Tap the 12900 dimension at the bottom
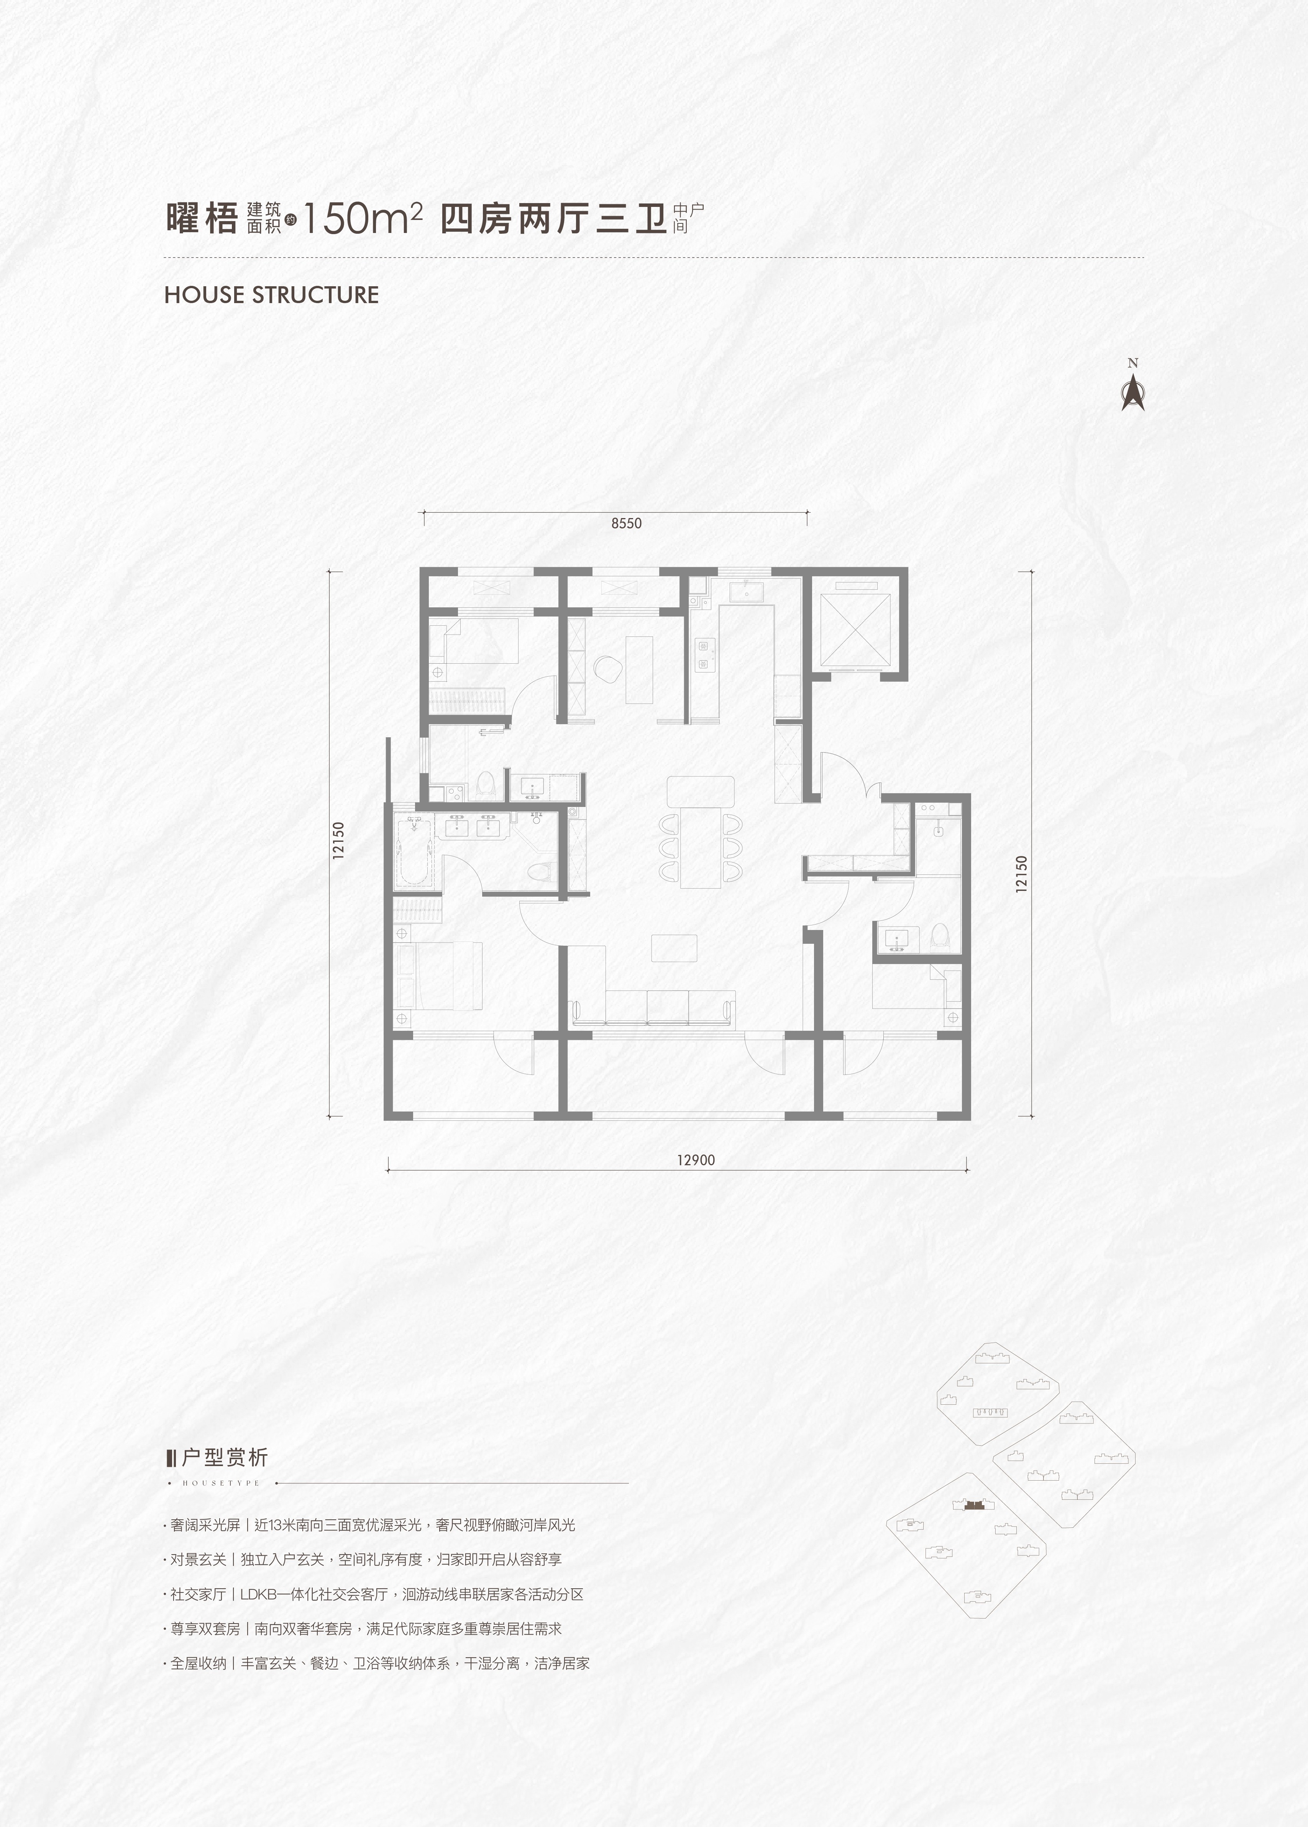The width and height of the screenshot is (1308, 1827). click(696, 1160)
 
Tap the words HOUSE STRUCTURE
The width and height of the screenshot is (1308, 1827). click(271, 295)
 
